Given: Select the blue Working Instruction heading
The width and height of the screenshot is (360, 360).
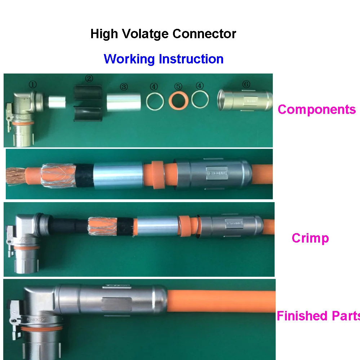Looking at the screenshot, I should [x=164, y=59].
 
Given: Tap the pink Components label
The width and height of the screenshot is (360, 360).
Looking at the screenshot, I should [x=316, y=109].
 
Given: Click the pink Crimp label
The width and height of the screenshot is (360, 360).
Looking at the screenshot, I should [x=310, y=238].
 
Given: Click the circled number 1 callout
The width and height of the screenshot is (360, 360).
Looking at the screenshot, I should [x=33, y=85].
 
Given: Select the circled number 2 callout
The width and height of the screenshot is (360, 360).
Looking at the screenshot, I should [x=89, y=79].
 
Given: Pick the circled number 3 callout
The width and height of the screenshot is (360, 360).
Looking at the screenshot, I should [x=124, y=87].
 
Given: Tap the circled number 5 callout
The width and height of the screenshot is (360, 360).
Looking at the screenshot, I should [x=178, y=86].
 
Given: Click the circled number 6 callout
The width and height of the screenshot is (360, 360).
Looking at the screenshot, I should [x=246, y=84].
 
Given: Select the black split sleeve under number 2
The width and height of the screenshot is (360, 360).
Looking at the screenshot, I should [x=89, y=103].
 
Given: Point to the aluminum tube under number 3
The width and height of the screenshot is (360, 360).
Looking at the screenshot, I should [x=124, y=102].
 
